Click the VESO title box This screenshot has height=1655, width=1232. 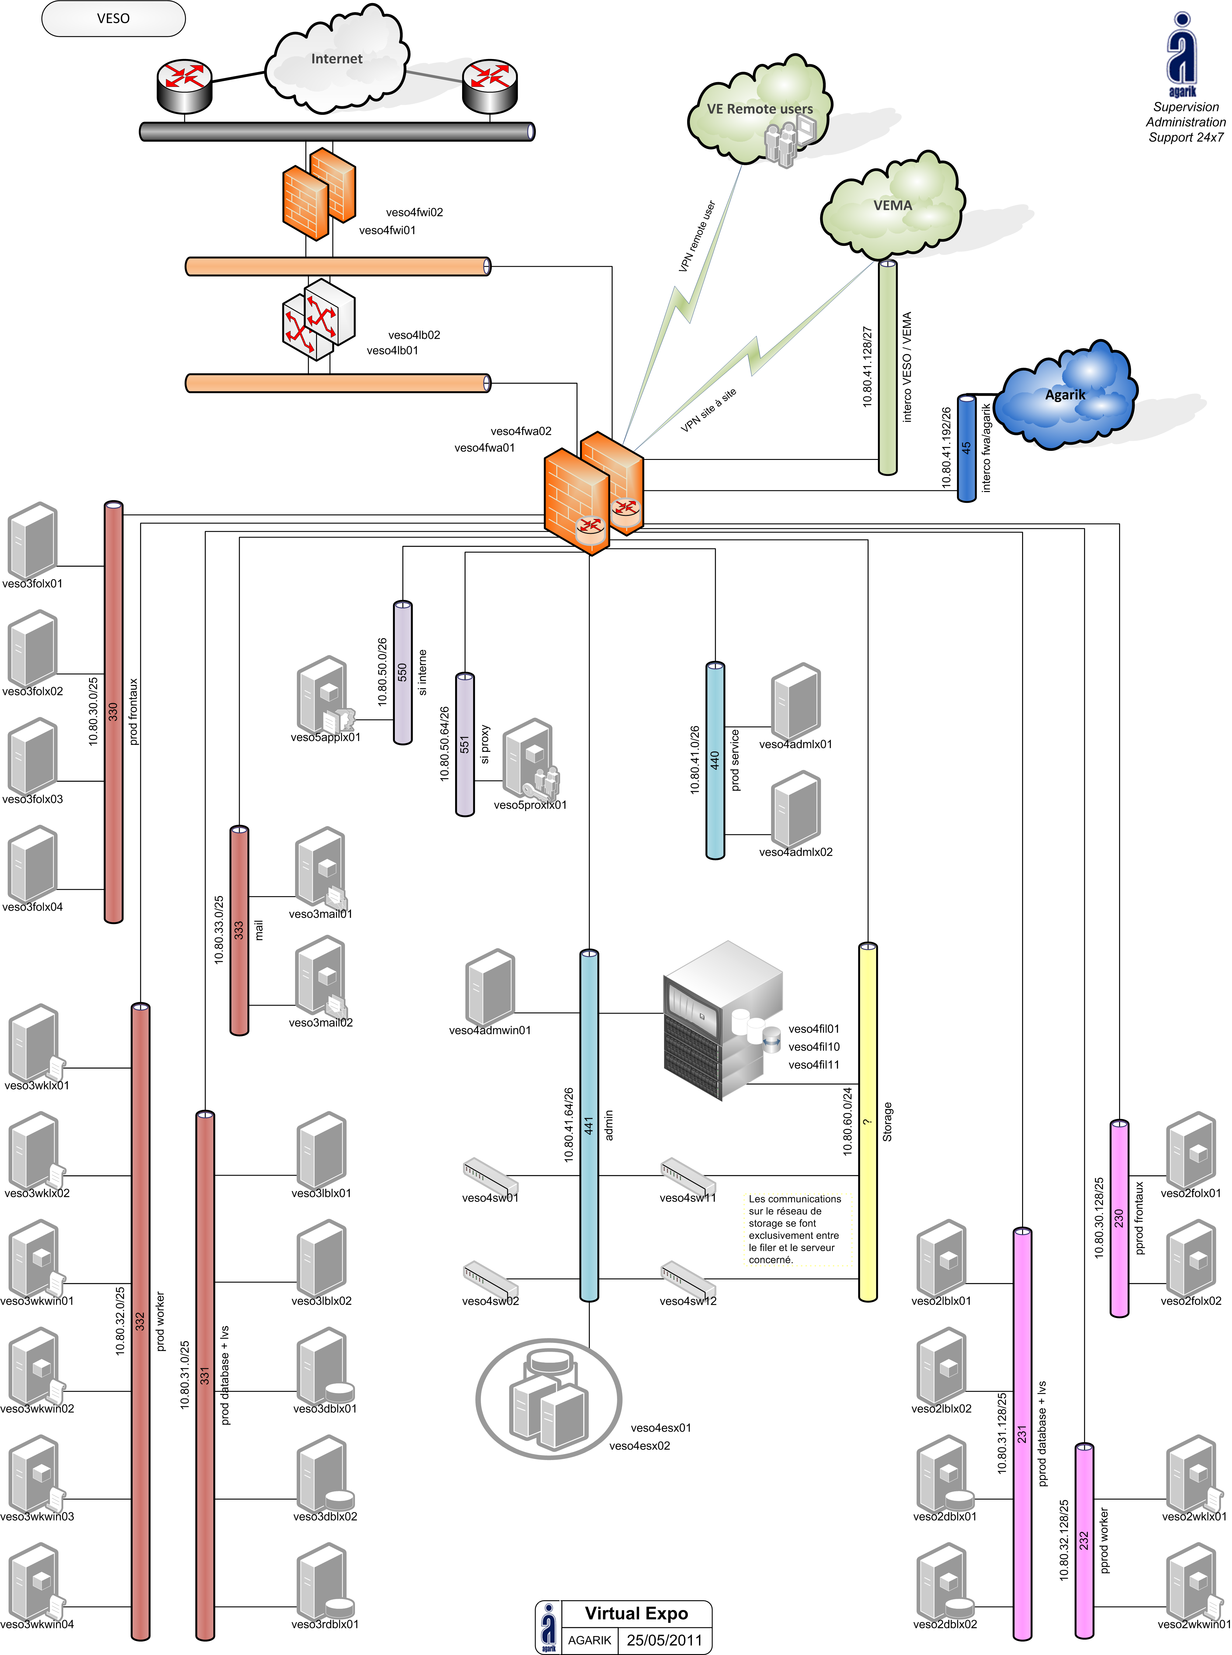[113, 19]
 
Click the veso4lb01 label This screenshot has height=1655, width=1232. [392, 350]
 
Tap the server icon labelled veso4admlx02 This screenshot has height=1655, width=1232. [796, 809]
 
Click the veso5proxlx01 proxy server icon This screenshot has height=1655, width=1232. [530, 759]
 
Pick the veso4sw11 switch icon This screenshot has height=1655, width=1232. [687, 1176]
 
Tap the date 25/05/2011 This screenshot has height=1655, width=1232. [664, 1640]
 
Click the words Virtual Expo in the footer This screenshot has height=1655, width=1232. [636, 1613]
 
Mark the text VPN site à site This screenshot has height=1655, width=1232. [708, 410]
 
